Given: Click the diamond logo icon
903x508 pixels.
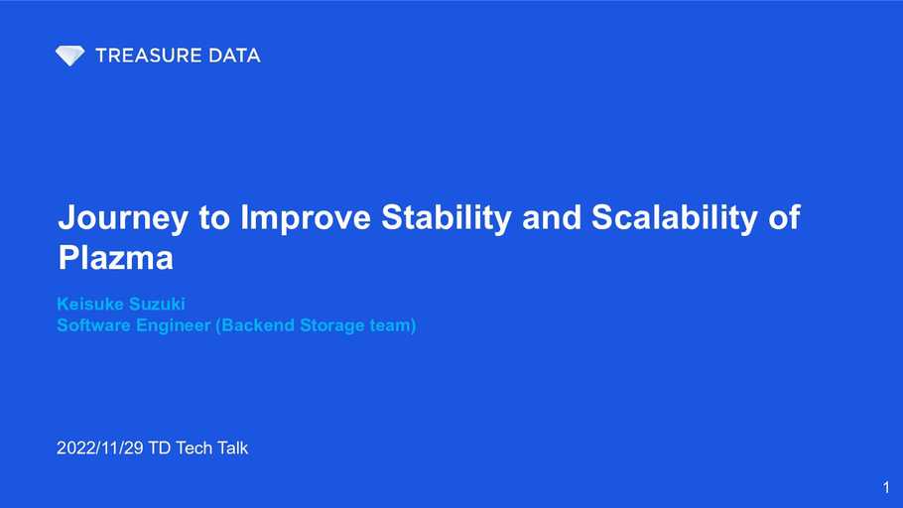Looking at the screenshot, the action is tap(69, 56).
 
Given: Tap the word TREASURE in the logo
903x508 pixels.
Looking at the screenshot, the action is tap(148, 56).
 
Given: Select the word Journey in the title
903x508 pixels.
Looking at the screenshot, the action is tap(123, 218).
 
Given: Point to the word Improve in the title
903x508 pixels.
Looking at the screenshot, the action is tap(306, 218).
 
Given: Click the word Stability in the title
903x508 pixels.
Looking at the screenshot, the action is tap(447, 218).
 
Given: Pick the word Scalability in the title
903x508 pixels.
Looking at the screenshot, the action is tap(675, 218).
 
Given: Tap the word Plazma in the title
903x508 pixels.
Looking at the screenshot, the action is tap(116, 257).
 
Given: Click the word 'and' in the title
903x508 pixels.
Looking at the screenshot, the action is tap(552, 217).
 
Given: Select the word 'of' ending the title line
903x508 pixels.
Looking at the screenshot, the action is tap(784, 217).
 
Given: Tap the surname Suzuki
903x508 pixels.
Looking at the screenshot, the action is tap(156, 304).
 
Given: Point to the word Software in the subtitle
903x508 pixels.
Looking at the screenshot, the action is tap(94, 325).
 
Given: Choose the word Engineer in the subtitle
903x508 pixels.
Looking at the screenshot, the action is tap(174, 326).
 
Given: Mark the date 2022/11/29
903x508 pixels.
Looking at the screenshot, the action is tap(99, 447).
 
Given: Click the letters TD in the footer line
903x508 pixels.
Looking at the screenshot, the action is tap(160, 447).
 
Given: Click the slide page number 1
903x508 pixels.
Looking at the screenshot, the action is tap(886, 487).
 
